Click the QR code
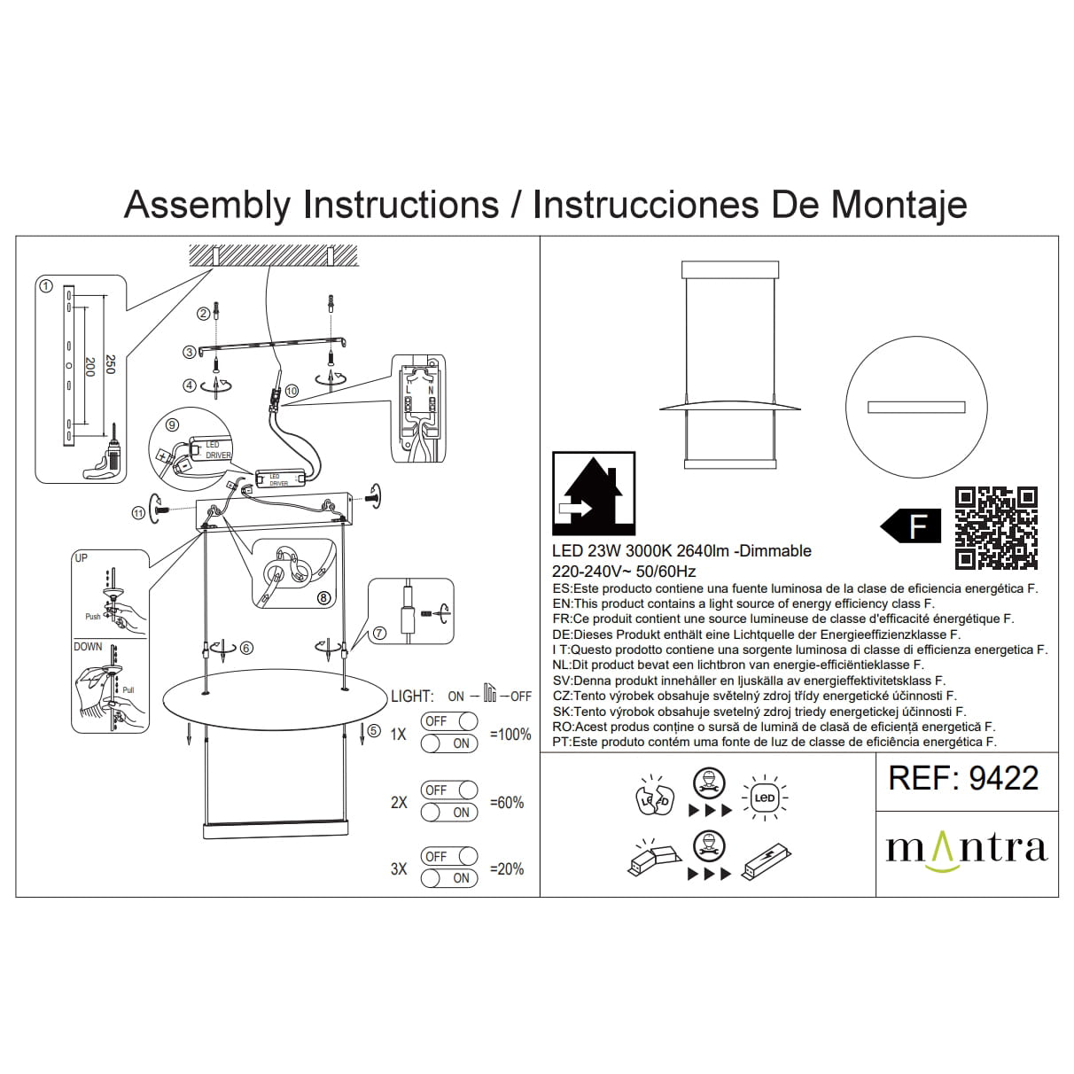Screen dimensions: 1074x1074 tap(996, 527)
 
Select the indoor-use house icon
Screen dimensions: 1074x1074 tap(593, 492)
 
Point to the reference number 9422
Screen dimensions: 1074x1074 tap(1003, 778)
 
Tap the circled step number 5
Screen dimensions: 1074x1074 tap(374, 731)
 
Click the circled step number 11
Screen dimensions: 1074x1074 tap(137, 512)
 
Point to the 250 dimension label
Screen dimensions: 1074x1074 tap(110, 364)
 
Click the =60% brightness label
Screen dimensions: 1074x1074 tap(507, 803)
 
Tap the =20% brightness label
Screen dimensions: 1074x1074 tap(507, 869)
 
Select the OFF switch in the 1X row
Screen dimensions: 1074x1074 tap(448, 721)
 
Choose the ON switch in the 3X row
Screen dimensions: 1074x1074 tap(448, 878)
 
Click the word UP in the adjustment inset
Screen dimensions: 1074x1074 tap(82, 558)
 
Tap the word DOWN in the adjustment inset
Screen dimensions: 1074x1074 tap(88, 647)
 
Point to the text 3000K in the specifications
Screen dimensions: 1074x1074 tap(656, 551)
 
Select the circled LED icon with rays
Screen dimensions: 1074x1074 tap(764, 798)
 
